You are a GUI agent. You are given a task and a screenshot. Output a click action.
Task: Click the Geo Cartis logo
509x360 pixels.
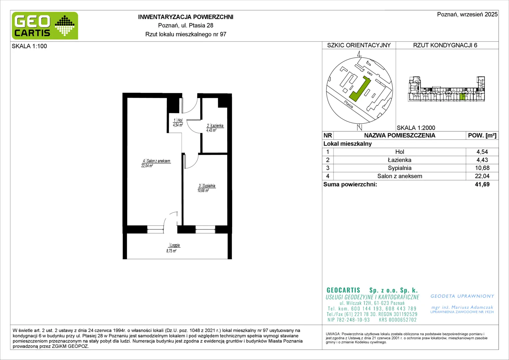click(x=45, y=26)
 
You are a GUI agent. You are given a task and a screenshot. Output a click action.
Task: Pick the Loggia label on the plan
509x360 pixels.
click(x=175, y=245)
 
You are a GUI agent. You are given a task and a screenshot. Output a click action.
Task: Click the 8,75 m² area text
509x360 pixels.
click(x=171, y=251)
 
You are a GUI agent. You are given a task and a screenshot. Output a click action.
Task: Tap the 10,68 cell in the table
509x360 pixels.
click(x=482, y=168)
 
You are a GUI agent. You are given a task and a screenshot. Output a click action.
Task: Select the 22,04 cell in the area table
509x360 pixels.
click(x=482, y=176)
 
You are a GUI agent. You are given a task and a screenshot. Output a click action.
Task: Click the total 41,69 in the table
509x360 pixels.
click(x=482, y=184)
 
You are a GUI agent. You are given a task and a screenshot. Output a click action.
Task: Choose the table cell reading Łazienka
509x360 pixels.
click(x=399, y=160)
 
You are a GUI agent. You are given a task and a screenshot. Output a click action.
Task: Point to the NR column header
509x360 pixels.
click(x=328, y=136)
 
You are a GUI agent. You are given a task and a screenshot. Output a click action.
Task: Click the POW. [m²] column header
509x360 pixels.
click(x=482, y=136)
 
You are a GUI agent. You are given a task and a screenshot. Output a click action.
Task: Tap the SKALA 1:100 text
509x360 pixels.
click(x=29, y=46)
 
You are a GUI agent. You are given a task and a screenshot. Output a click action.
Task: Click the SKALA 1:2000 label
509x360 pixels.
click(x=416, y=128)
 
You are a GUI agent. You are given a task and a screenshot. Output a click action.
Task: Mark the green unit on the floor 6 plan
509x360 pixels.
click(x=462, y=97)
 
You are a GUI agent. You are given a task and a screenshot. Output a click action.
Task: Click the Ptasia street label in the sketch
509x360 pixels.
click(x=348, y=104)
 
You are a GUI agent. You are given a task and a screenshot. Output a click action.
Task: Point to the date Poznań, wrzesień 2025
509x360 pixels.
click(x=467, y=14)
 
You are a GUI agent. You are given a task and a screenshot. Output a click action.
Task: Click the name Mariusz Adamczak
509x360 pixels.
click(x=472, y=307)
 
